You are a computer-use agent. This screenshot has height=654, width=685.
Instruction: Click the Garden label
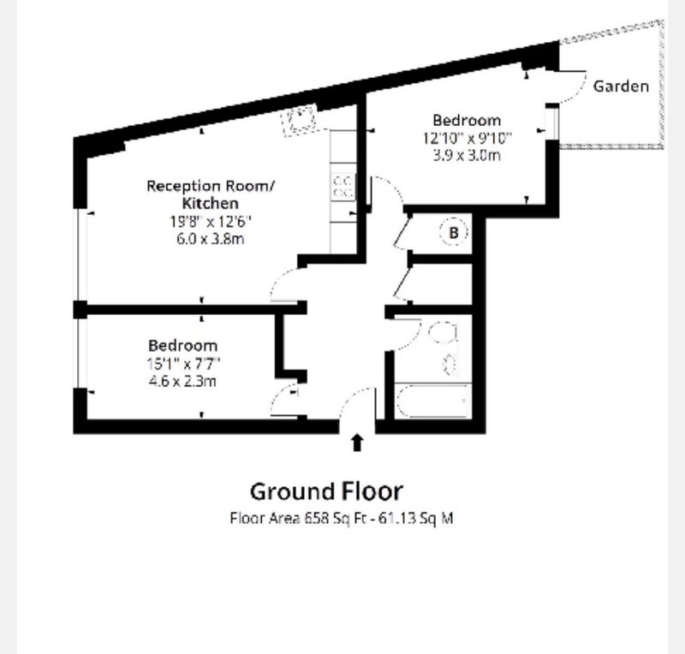click(x=621, y=86)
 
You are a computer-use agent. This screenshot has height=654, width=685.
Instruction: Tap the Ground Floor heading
click(x=326, y=491)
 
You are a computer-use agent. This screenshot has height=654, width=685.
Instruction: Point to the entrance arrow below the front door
click(x=357, y=442)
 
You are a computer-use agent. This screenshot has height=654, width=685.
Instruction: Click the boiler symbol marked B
click(x=454, y=232)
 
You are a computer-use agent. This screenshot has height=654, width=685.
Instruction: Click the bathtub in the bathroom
click(x=432, y=401)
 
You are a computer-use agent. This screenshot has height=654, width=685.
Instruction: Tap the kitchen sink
click(x=299, y=119)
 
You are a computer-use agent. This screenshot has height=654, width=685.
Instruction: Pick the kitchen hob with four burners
click(x=344, y=187)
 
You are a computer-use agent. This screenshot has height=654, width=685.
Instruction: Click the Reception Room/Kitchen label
click(x=211, y=194)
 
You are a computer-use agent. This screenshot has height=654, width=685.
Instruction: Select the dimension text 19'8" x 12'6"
click(x=211, y=222)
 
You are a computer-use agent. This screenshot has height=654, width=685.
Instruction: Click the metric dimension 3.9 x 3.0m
click(x=467, y=155)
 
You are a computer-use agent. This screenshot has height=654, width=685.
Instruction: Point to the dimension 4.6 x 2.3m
click(x=182, y=381)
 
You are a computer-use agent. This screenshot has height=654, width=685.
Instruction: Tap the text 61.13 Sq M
click(x=415, y=519)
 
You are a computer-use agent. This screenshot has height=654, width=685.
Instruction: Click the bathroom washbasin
click(x=450, y=364)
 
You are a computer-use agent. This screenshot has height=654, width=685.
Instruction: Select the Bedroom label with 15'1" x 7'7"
click(x=182, y=346)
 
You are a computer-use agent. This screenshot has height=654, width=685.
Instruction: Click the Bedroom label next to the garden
click(x=467, y=120)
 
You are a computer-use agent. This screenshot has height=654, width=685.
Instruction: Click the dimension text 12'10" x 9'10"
click(x=467, y=138)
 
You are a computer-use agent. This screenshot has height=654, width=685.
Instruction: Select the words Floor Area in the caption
click(x=265, y=519)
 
